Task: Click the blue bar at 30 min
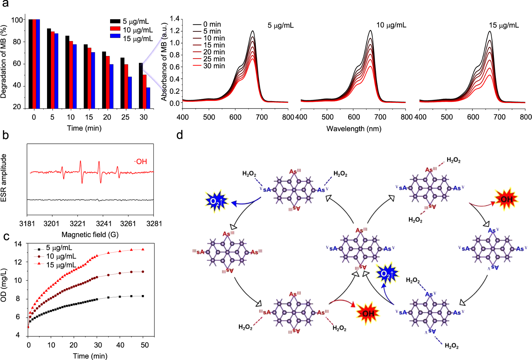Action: [x=148, y=98]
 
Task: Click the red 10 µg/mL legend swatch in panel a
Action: [x=115, y=29]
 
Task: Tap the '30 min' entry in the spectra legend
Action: [x=214, y=66]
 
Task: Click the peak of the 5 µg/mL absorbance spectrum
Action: [x=253, y=31]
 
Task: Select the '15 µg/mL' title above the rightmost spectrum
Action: [x=504, y=25]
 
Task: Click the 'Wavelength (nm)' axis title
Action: [x=354, y=129]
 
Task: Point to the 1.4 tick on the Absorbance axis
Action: [x=175, y=19]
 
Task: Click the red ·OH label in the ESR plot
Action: [x=141, y=162]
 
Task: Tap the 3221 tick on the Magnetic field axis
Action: [x=77, y=224]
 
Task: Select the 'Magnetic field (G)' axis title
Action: [x=90, y=235]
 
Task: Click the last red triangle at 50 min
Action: [x=143, y=249]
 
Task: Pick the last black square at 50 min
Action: [x=143, y=296]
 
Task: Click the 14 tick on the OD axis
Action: [x=18, y=244]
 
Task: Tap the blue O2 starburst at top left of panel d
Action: [x=216, y=201]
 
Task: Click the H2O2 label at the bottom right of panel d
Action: [x=451, y=346]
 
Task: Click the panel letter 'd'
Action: [x=180, y=135]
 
